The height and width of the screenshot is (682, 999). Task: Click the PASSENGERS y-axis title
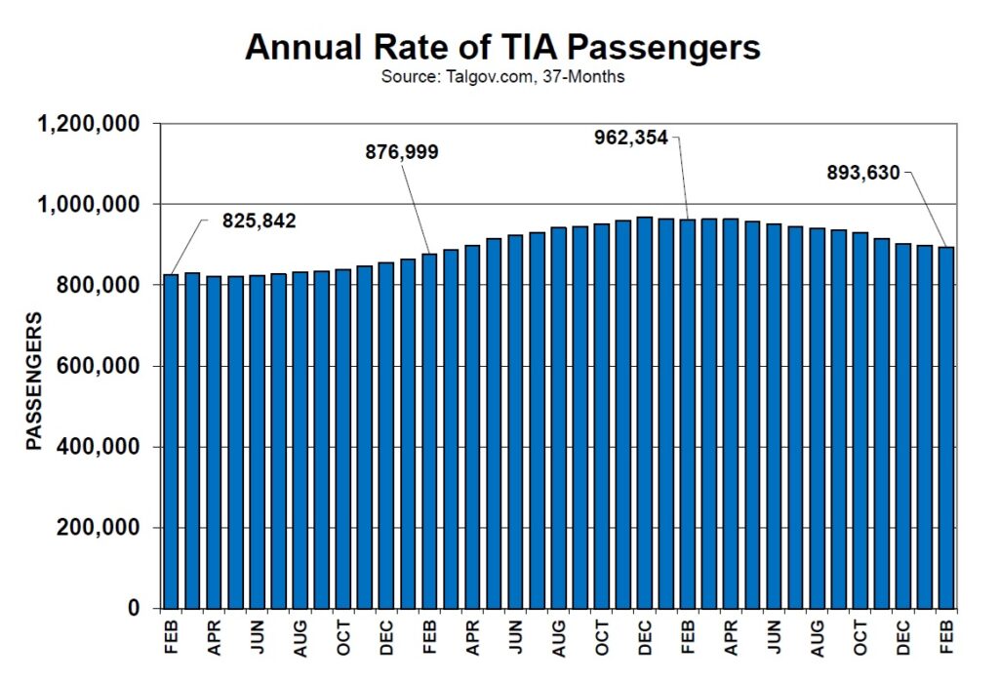pos(34,381)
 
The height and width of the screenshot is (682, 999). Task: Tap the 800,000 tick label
pos(98,286)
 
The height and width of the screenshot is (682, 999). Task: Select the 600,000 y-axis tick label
pos(98,367)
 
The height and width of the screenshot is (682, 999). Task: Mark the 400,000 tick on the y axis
pos(98,448)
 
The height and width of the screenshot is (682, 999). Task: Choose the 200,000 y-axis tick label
pos(98,528)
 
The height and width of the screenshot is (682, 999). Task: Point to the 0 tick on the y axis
pos(135,609)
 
